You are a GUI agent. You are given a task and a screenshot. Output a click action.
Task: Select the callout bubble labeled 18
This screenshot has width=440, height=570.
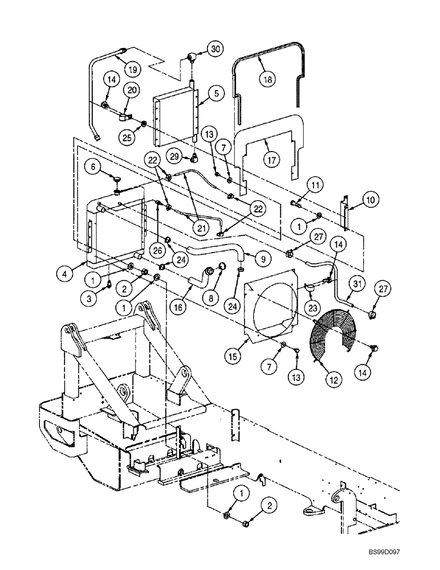(x=266, y=79)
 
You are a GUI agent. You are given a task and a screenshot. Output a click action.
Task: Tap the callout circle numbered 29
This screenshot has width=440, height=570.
(x=174, y=156)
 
